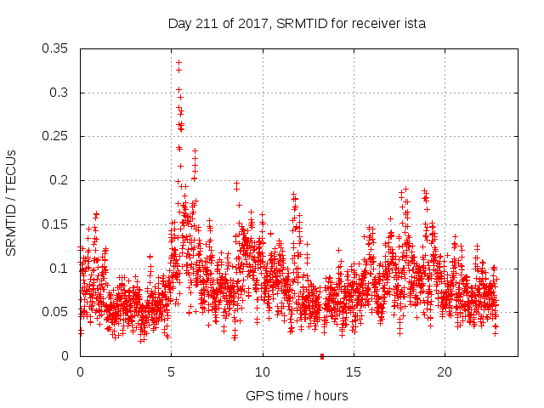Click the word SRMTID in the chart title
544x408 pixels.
[297, 24]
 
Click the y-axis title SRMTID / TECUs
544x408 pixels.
[11, 202]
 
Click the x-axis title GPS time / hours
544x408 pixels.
[297, 395]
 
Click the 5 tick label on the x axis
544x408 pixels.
[172, 372]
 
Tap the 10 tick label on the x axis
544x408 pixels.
[263, 372]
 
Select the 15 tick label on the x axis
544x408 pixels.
[354, 372]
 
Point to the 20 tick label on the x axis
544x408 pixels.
[445, 372]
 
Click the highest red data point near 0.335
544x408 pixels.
[178, 62]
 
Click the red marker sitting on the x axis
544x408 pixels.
[321, 356]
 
